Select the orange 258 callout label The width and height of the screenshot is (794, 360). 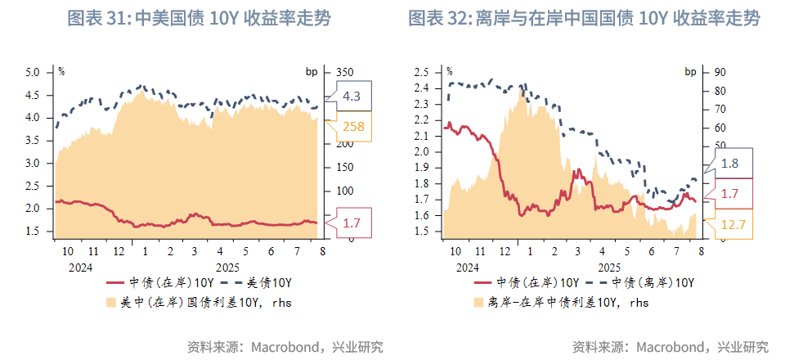[353, 126]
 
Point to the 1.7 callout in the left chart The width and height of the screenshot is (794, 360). [352, 223]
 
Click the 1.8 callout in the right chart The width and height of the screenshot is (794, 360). [730, 163]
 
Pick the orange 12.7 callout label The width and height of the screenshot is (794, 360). [733, 224]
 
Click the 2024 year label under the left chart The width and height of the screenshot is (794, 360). [80, 267]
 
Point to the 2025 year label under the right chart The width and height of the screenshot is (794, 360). [609, 267]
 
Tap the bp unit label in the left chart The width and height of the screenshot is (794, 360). [311, 71]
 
